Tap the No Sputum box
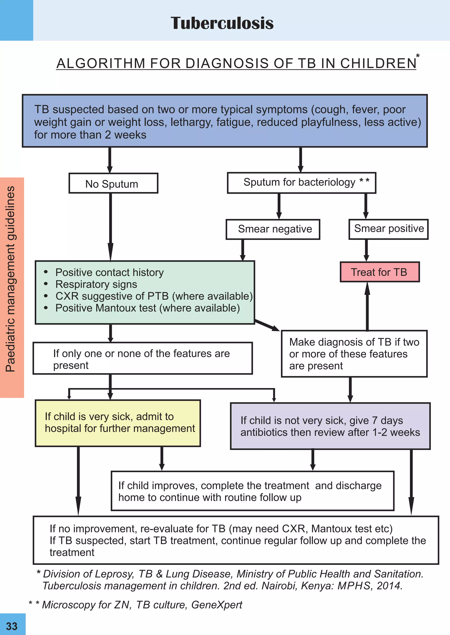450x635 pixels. click(x=113, y=183)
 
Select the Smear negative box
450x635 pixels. click(x=273, y=229)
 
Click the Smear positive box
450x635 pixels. click(x=388, y=229)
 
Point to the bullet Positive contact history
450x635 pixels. click(x=109, y=272)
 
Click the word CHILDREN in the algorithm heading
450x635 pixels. click(x=378, y=63)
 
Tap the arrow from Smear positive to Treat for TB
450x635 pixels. click(x=366, y=250)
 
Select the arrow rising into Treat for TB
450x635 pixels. click(x=367, y=306)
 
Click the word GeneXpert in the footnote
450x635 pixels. click(x=217, y=605)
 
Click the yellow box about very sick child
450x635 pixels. click(x=118, y=423)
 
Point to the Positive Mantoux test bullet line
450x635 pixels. click(x=147, y=308)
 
